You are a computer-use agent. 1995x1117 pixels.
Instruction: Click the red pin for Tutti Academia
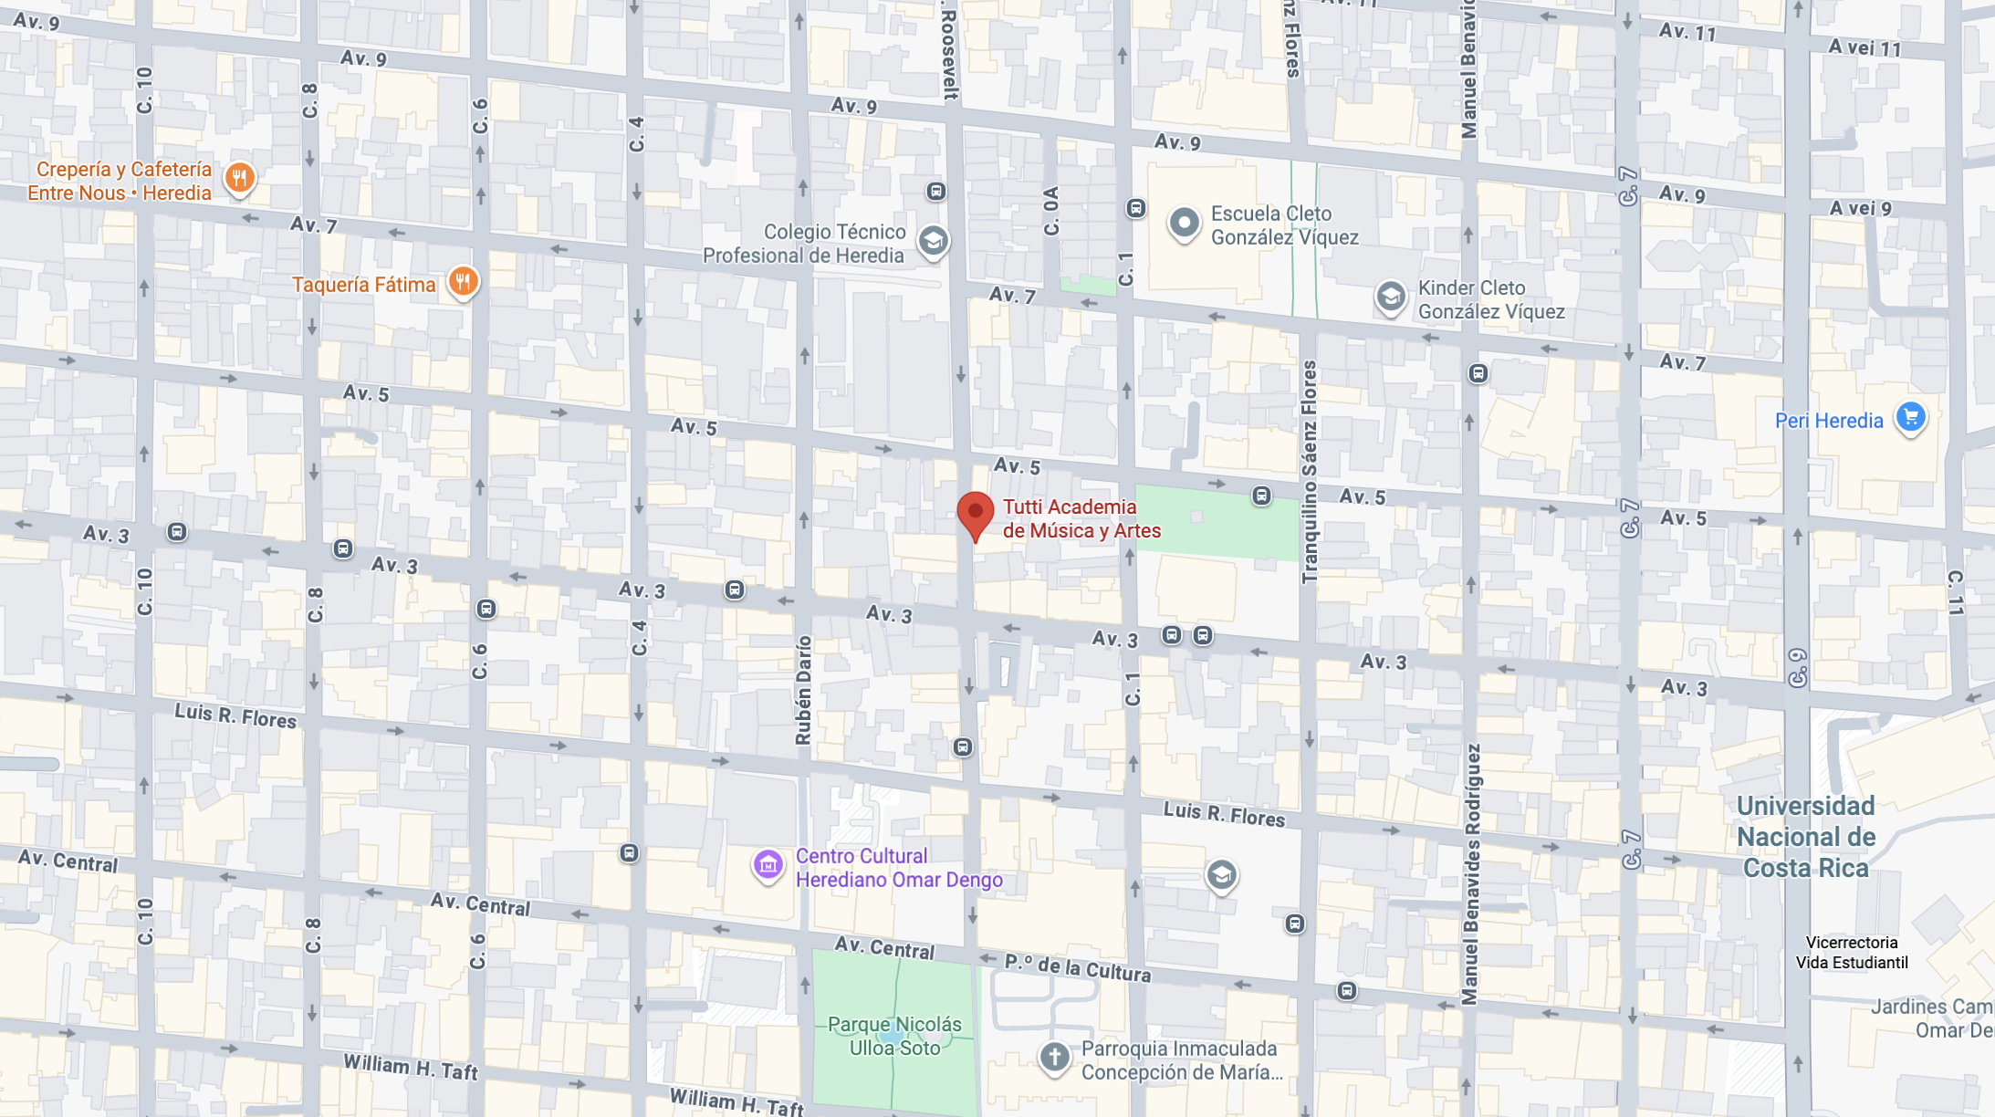975,514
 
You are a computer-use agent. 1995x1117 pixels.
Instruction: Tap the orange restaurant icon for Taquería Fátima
463,282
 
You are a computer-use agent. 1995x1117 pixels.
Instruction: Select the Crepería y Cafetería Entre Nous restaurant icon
239,177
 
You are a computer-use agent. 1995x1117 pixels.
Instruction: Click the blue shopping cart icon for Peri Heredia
1910,417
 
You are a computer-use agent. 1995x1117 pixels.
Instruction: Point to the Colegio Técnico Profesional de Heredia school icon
933,241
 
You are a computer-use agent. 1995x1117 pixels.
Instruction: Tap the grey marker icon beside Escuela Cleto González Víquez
1184,222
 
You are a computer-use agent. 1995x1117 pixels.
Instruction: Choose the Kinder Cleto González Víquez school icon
1390,297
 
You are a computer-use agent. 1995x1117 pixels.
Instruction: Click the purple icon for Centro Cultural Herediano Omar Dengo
768,864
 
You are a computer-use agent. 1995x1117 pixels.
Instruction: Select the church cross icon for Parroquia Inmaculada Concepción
1054,1057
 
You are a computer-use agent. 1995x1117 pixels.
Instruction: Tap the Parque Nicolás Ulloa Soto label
894,1036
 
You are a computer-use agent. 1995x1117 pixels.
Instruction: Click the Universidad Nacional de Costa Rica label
1805,837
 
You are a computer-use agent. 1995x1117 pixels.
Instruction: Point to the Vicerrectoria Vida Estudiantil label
1851,952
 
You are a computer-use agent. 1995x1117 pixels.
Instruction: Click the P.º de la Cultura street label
1077,967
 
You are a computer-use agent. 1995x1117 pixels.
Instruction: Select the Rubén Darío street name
803,690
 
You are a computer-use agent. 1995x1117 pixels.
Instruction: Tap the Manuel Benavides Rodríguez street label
1471,874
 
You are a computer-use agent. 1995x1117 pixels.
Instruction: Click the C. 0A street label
1051,211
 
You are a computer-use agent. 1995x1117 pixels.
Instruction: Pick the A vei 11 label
1864,47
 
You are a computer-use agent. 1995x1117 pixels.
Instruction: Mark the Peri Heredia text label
1828,421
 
